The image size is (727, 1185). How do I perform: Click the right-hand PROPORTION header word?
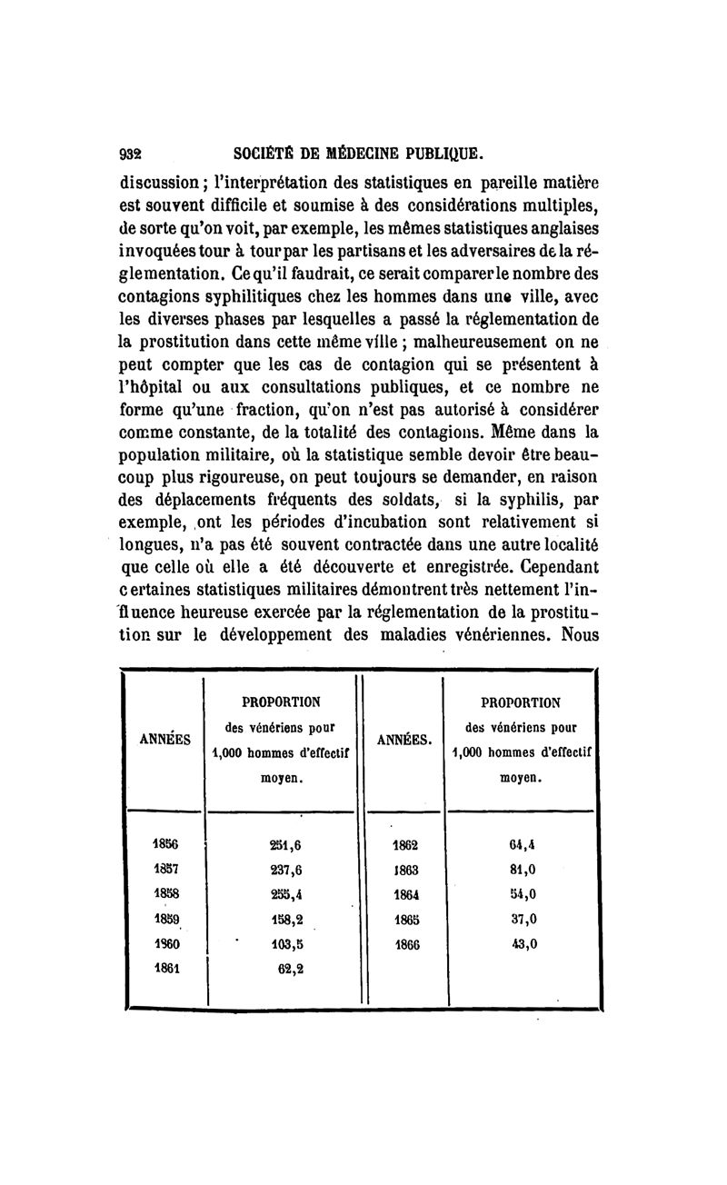(519, 702)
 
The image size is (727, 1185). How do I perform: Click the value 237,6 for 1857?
(286, 868)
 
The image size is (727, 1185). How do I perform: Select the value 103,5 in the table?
(286, 943)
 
